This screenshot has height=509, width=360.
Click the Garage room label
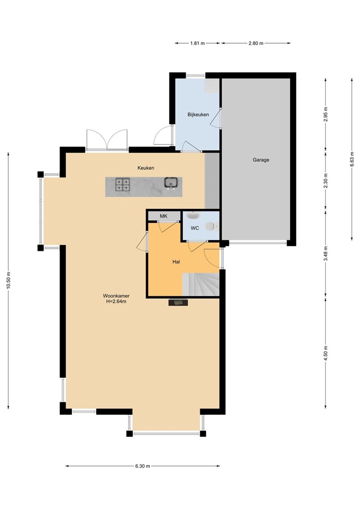[261, 160]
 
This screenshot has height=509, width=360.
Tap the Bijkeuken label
[198, 115]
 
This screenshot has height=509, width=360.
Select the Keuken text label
[146, 168]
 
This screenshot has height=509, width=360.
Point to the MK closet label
[164, 216]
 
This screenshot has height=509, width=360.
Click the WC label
[195, 228]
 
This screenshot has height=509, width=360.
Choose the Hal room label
[176, 262]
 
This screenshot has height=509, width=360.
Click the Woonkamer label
[116, 296]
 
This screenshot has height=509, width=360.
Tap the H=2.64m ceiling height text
[116, 301]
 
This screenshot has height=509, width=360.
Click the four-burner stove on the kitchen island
[123, 185]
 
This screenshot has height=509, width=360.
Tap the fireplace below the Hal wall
[178, 302]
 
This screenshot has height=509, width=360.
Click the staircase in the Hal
[201, 284]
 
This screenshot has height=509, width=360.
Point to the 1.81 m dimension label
[197, 43]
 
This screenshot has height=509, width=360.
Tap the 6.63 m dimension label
[352, 159]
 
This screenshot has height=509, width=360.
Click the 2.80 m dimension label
[256, 43]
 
